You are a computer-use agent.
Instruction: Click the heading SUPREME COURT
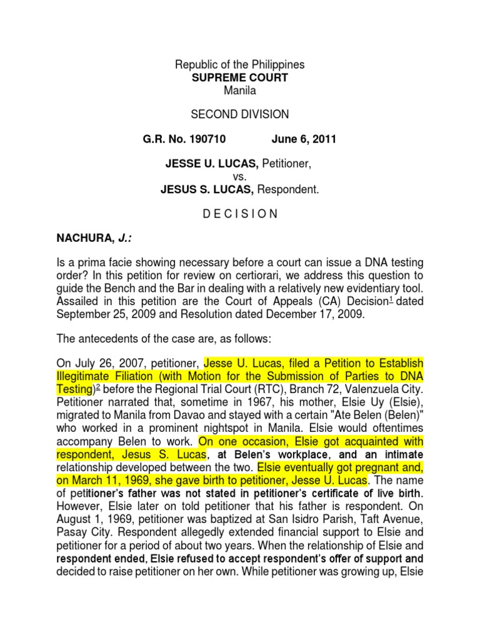pos(240,77)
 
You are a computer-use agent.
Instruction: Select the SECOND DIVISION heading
pos(240,114)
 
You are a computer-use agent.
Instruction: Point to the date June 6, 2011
pos(304,139)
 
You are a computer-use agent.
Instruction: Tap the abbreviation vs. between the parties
pos(240,176)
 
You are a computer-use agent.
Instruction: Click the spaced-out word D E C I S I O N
pos(240,213)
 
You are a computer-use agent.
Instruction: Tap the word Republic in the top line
pos(196,65)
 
